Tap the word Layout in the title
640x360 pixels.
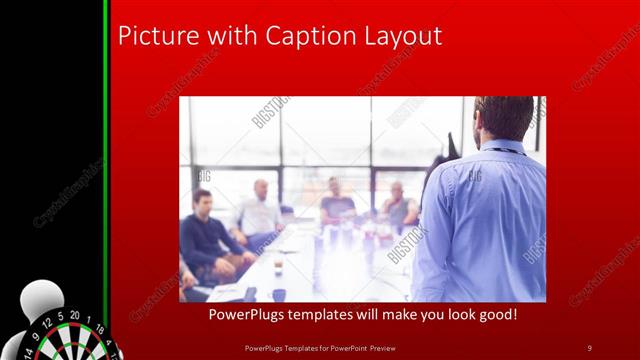(x=402, y=36)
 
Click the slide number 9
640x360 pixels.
(x=589, y=347)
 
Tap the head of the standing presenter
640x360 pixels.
(x=504, y=118)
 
